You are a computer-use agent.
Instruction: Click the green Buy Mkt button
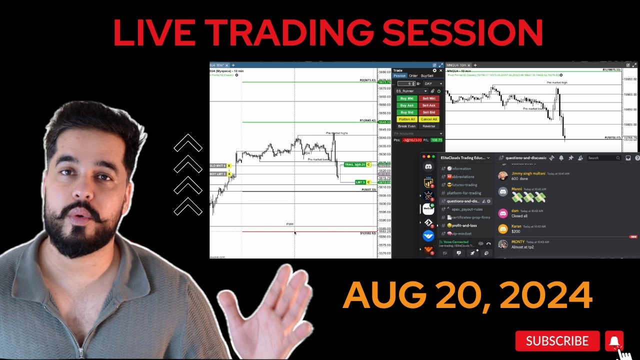406,98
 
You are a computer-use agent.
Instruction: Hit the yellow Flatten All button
406,119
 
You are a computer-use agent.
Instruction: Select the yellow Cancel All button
429,119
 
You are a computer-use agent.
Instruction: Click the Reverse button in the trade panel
429,126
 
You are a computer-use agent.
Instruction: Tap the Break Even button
406,126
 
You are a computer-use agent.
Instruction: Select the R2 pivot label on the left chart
367,80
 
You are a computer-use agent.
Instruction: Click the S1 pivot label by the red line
367,233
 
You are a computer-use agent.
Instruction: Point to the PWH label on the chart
289,224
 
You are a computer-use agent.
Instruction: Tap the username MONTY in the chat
518,242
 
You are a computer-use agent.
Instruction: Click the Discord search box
602,158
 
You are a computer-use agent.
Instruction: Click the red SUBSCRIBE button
557,341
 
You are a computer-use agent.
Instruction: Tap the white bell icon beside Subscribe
614,341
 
